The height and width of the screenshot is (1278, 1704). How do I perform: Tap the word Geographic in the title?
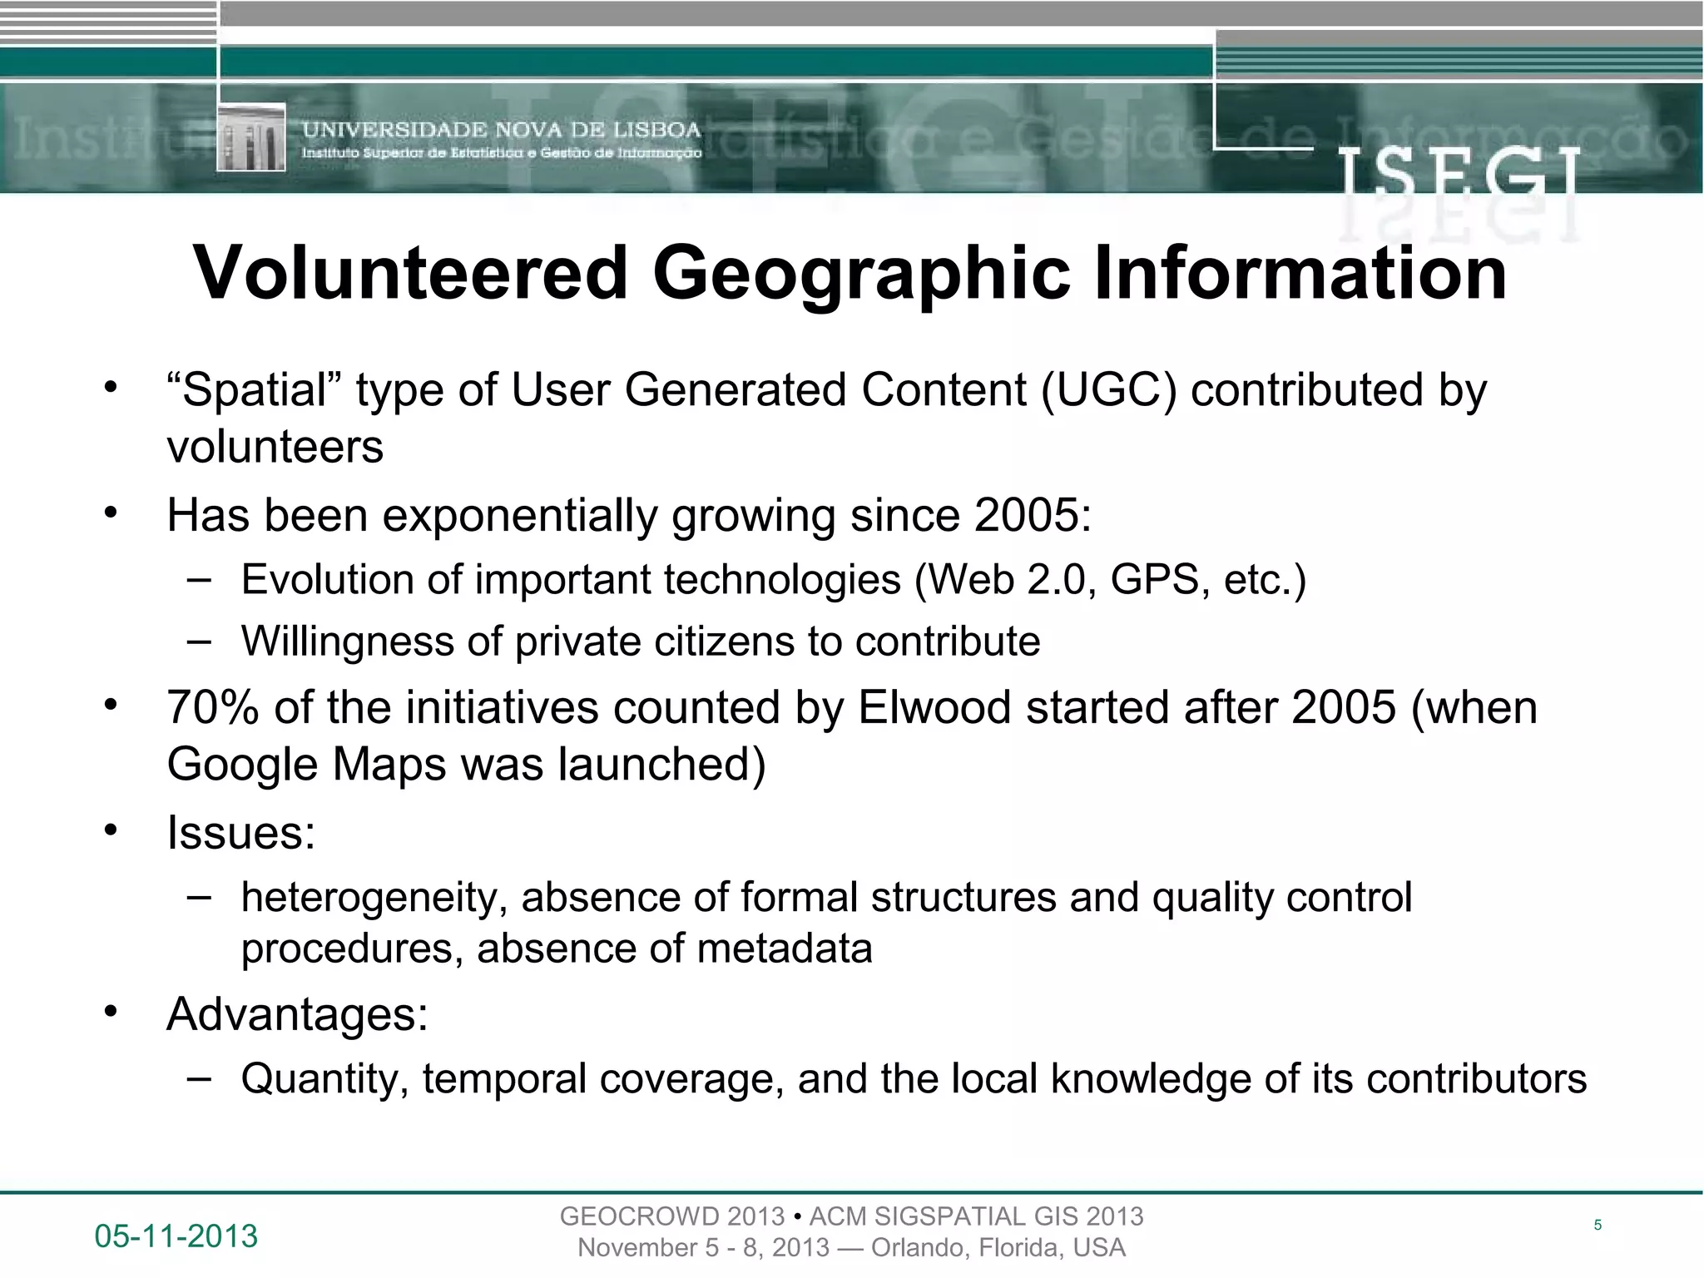click(x=861, y=275)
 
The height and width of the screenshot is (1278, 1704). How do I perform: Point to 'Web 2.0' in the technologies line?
click(x=1003, y=579)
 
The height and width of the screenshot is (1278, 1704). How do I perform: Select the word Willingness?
click(x=347, y=641)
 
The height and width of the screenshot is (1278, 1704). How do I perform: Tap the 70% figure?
click(x=214, y=708)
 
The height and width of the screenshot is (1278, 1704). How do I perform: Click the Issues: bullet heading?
click(x=241, y=832)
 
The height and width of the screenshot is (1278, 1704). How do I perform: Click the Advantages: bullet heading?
click(x=297, y=1014)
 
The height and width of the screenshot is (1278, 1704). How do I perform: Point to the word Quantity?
click(x=324, y=1079)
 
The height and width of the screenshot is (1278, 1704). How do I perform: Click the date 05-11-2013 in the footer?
click(x=176, y=1236)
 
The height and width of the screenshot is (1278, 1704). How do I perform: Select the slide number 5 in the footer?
click(x=1597, y=1225)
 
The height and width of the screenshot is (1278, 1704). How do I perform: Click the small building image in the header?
click(x=251, y=137)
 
